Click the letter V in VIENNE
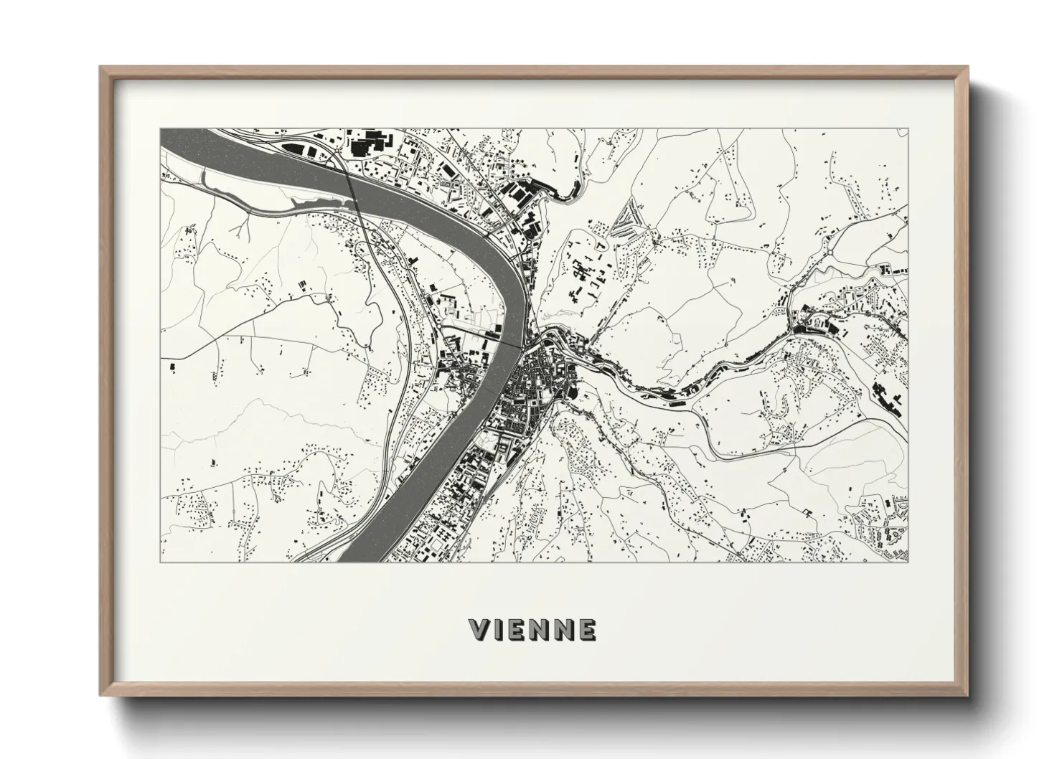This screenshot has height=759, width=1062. [479, 630]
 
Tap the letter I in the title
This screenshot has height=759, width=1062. [500, 630]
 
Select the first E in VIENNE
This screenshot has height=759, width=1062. [519, 630]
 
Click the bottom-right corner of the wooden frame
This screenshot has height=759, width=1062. [967, 695]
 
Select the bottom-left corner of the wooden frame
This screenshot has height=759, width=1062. [100, 695]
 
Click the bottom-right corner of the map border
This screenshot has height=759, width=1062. [907, 562]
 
